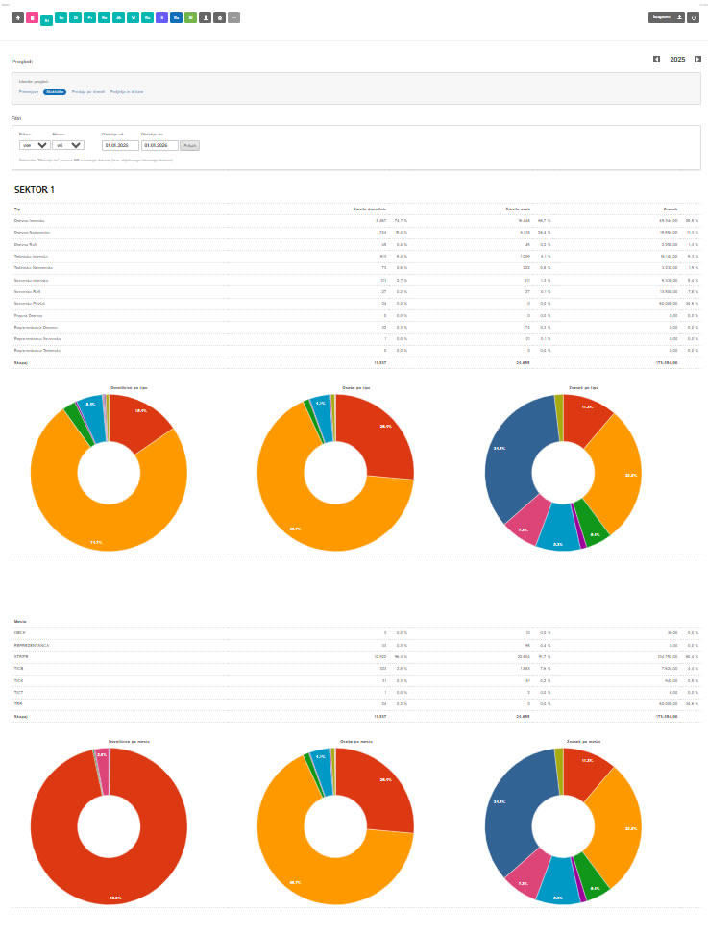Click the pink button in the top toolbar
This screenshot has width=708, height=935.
point(32,17)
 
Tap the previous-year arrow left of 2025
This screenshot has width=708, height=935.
point(657,60)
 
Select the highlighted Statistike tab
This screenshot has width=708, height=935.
point(55,91)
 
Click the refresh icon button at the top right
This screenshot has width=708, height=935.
point(694,17)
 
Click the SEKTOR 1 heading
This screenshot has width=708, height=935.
point(35,190)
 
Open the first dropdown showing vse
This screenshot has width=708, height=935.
point(35,145)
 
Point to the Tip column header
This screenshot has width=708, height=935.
point(17,209)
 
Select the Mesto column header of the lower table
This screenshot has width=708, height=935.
point(20,622)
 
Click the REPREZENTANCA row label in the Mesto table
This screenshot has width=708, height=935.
point(33,645)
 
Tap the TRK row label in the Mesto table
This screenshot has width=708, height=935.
point(18,704)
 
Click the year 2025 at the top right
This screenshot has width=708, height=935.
point(677,60)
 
